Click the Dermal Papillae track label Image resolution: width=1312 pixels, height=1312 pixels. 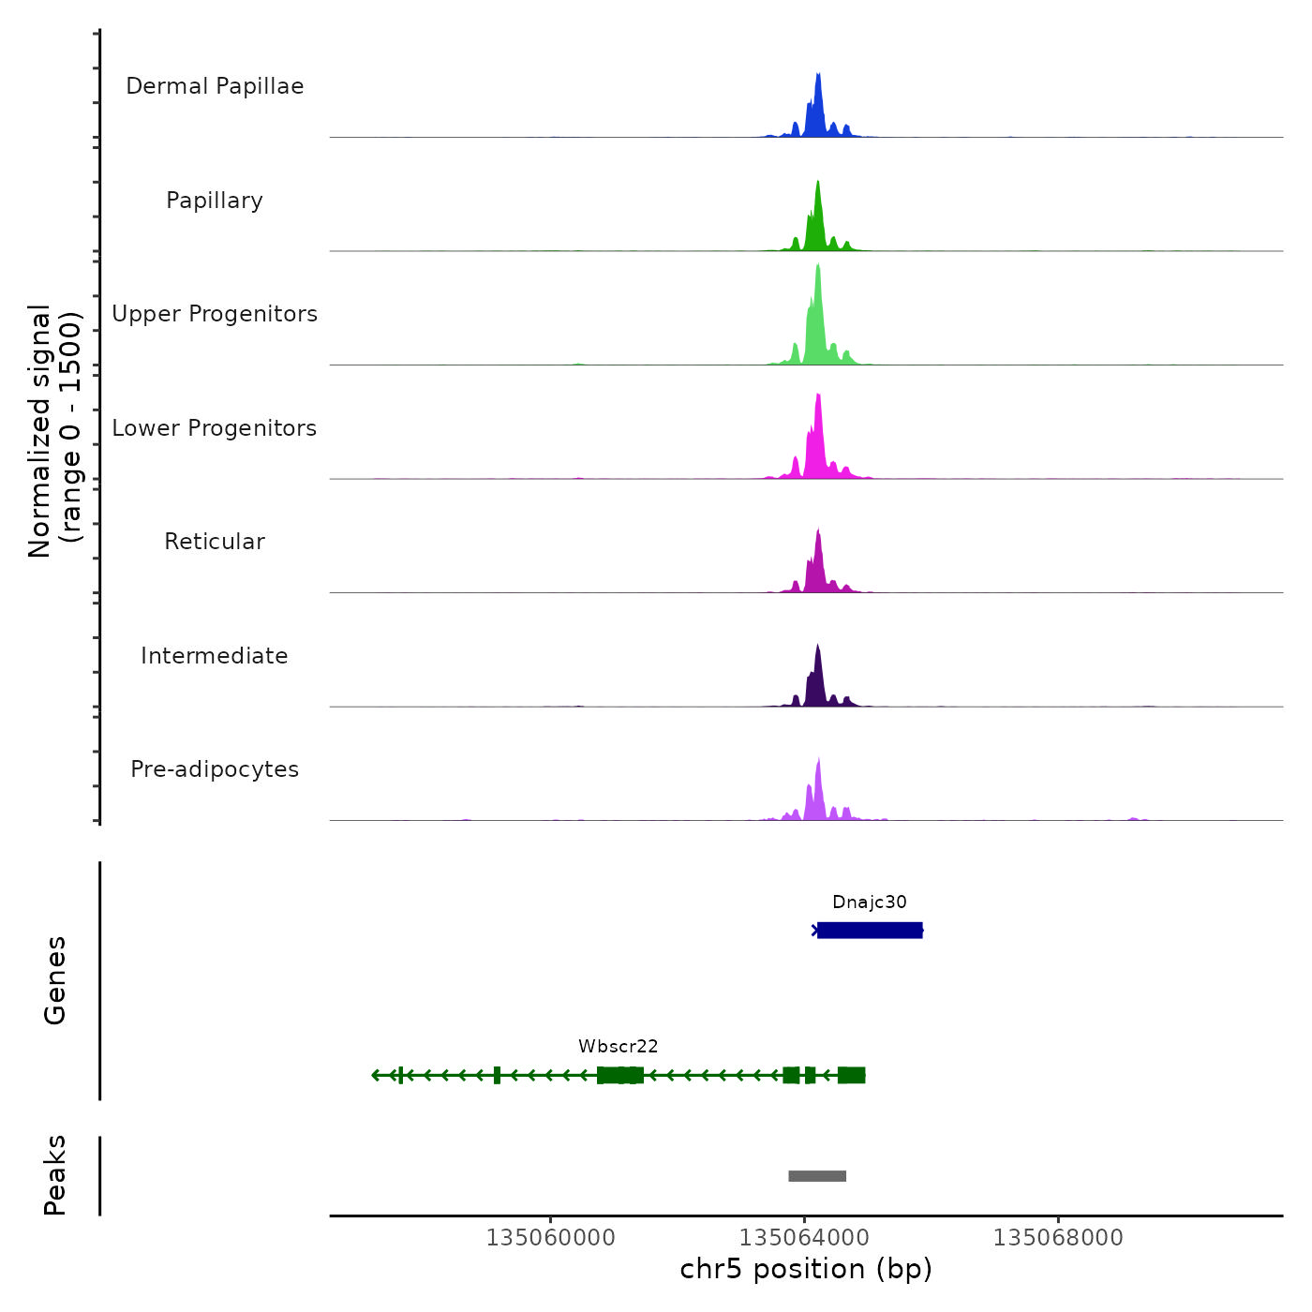(215, 86)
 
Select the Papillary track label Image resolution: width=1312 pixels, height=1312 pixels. (215, 201)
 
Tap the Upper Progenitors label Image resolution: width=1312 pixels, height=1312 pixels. (215, 314)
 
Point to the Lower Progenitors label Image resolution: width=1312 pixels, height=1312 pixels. (215, 428)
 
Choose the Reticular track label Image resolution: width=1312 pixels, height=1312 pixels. (215, 542)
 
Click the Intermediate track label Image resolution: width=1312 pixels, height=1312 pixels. (215, 656)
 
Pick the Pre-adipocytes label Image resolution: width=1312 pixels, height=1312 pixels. (215, 769)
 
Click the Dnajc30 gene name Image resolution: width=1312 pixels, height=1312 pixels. (870, 902)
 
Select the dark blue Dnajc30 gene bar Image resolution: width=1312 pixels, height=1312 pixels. (870, 931)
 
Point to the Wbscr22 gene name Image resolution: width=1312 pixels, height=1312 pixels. (619, 1047)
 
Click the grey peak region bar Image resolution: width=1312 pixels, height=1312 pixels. (817, 1176)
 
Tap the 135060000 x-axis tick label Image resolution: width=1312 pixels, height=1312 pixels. (550, 1238)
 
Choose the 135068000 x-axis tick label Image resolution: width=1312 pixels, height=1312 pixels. (1058, 1238)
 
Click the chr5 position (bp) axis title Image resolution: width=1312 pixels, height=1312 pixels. (806, 1270)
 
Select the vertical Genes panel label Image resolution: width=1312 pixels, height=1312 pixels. (55, 980)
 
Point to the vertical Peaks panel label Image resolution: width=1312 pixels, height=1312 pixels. (55, 1175)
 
